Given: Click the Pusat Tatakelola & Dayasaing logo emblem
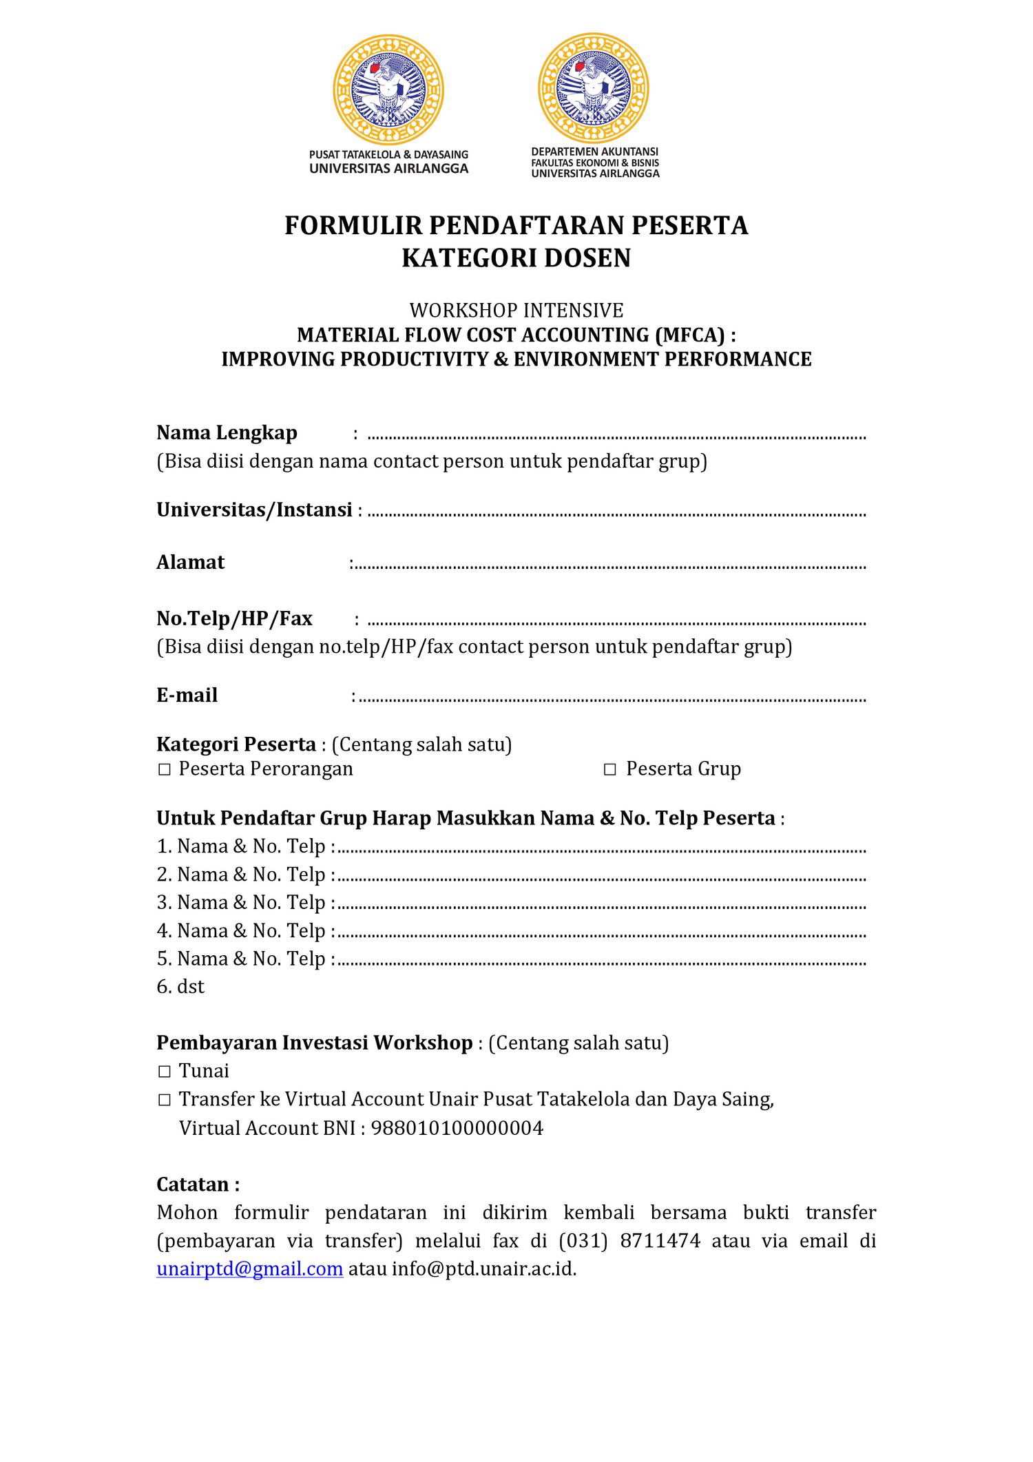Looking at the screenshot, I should (388, 90).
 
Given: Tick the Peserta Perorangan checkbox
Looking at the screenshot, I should (164, 769).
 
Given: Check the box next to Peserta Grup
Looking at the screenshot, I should (609, 769).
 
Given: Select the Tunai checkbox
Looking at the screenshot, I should (164, 1072).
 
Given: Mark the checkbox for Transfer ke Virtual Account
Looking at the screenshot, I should (164, 1100).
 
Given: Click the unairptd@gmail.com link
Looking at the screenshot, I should (249, 1268).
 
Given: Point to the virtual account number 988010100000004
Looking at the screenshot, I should (457, 1128).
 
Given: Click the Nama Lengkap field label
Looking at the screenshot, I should (227, 432).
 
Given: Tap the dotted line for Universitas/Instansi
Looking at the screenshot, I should (616, 514).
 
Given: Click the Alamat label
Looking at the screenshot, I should (190, 562).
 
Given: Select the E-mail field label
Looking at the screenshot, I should (187, 695).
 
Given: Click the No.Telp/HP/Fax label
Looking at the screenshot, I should (234, 618).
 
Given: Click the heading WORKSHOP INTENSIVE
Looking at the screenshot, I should (516, 310).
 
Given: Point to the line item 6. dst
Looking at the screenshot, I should (180, 987).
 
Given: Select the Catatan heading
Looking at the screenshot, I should (198, 1184).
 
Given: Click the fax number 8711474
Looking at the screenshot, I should (660, 1240).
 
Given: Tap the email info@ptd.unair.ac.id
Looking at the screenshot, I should (483, 1268).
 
